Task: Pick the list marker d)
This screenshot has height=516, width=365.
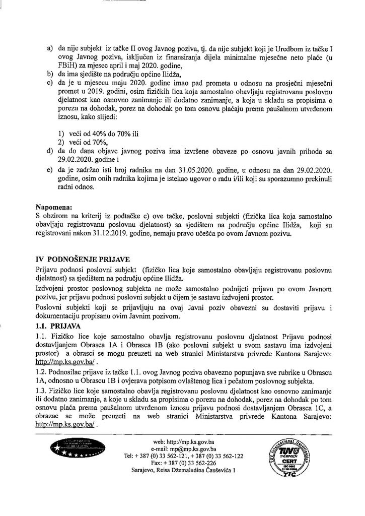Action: (x=49, y=151)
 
